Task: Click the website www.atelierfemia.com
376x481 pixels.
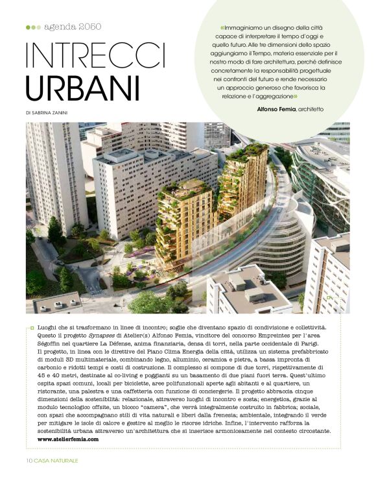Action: click(68, 439)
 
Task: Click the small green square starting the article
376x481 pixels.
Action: click(32, 329)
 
